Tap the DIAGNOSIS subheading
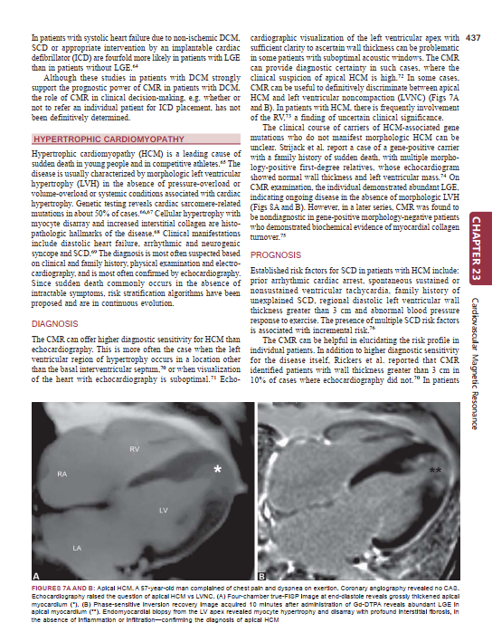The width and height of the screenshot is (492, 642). [56, 322]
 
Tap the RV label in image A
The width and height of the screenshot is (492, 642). [133, 448]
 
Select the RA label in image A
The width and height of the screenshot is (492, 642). [61, 474]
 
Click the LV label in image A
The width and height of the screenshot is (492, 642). [163, 512]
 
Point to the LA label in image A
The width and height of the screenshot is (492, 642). [77, 549]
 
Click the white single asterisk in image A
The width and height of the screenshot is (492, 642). [217, 469]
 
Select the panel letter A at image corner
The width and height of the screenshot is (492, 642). [36, 576]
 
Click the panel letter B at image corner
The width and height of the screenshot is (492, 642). [261, 576]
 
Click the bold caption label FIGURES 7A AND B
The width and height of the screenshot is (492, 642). [60, 589]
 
